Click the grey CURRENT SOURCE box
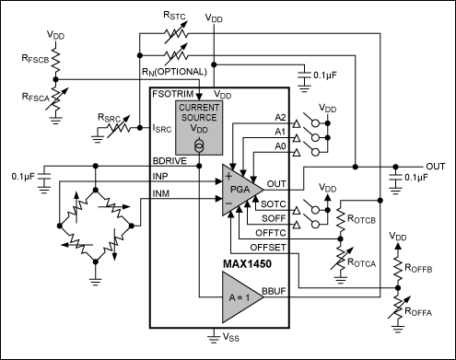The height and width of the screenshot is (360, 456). pyautogui.click(x=199, y=128)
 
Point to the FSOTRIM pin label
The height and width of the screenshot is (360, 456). pyautogui.click(x=173, y=94)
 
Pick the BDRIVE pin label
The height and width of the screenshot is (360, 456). pyautogui.click(x=170, y=161)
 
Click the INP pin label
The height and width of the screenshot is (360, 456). pyautogui.click(x=160, y=176)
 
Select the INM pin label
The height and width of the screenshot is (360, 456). pyautogui.click(x=161, y=193)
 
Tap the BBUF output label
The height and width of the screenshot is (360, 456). pyautogui.click(x=274, y=291)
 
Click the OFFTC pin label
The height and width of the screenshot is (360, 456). pyautogui.click(x=271, y=233)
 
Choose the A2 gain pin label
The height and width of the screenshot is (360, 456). pyautogui.click(x=280, y=118)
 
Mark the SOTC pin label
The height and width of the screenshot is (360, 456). pyautogui.click(x=274, y=204)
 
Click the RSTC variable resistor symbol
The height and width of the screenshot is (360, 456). pyautogui.click(x=176, y=34)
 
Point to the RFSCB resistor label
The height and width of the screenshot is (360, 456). pyautogui.click(x=35, y=59)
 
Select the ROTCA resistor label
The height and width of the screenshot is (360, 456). pyautogui.click(x=361, y=262)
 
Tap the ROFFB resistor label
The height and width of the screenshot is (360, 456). pyautogui.click(x=418, y=268)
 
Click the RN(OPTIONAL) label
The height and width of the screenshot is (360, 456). pyautogui.click(x=174, y=72)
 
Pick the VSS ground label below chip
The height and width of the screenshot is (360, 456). pyautogui.click(x=231, y=337)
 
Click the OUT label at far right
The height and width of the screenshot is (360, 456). pyautogui.click(x=436, y=167)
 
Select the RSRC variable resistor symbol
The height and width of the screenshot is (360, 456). pyautogui.click(x=119, y=128)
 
